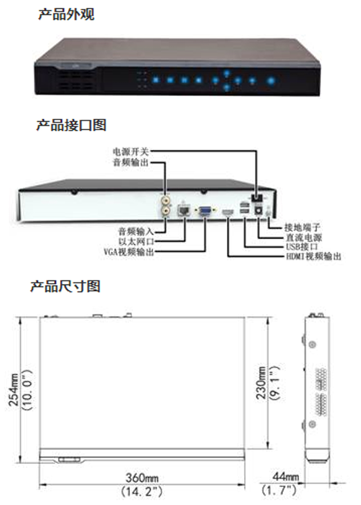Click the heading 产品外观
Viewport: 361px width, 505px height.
pos(66,14)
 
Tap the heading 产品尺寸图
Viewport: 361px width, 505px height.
pos(65,286)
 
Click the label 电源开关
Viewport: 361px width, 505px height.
pos(131,151)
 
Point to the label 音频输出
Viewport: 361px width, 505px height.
pos(131,162)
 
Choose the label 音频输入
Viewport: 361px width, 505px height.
pos(136,231)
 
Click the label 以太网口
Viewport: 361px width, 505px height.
pos(136,241)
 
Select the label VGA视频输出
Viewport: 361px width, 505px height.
pos(129,251)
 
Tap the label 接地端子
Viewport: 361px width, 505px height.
pos(302,227)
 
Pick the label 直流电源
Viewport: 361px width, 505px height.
pos(304,238)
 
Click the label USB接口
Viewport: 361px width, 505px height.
pos(302,247)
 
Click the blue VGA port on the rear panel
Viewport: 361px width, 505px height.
pos(205,211)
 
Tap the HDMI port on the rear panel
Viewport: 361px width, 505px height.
pos(228,212)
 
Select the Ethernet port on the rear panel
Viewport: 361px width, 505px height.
pos(184,211)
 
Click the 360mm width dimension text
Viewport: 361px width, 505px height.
pos(142,478)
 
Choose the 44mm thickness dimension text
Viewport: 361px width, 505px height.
pos(285,477)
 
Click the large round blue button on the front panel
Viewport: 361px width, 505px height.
pos(271,81)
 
